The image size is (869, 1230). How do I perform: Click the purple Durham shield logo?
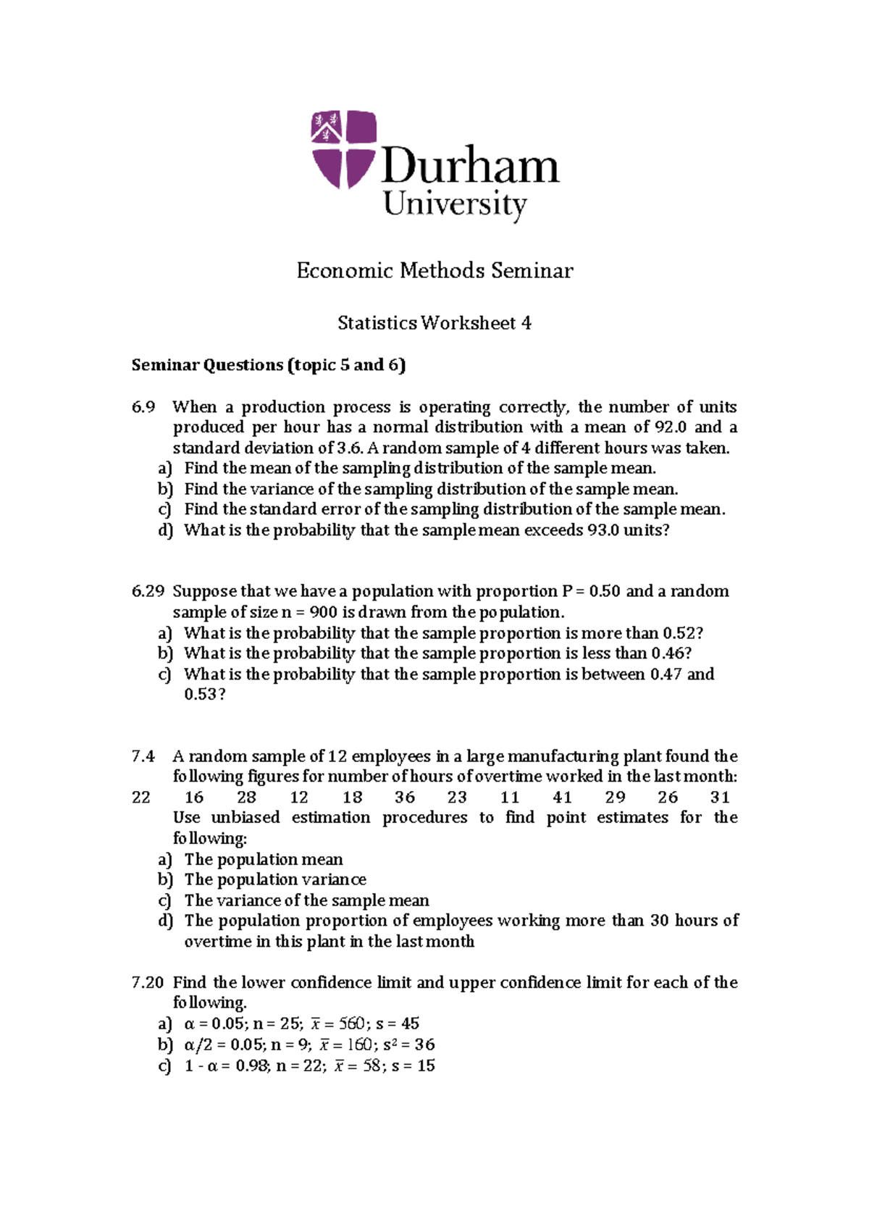[x=343, y=149]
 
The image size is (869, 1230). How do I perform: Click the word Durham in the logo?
[x=470, y=166]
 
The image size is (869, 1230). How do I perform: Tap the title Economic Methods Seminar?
[x=434, y=271]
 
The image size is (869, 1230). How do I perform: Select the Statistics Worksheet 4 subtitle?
[x=434, y=323]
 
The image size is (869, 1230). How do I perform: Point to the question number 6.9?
[x=143, y=407]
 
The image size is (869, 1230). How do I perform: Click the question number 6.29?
[x=148, y=591]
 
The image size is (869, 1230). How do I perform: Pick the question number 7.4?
[x=143, y=756]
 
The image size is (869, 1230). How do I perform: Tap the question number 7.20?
[x=148, y=983]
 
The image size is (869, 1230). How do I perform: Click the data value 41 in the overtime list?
[x=563, y=798]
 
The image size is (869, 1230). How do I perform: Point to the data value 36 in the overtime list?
[x=405, y=798]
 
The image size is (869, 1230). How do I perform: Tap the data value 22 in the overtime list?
[x=141, y=798]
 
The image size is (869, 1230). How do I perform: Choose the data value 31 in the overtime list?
[x=720, y=798]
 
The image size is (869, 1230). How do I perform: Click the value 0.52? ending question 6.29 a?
[x=683, y=633]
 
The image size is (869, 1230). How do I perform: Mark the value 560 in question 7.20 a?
[x=352, y=1024]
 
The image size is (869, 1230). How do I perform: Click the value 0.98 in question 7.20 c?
[x=253, y=1066]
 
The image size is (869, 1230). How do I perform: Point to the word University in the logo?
[x=455, y=205]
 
